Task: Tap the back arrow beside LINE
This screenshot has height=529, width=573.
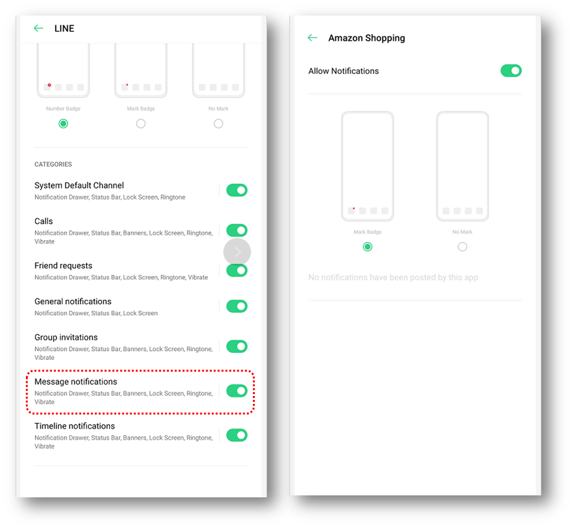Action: [x=38, y=28]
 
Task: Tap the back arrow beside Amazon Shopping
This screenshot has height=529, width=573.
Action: [x=312, y=38]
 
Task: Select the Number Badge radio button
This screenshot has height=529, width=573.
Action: [x=63, y=124]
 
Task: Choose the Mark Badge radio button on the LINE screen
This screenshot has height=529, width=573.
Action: [x=141, y=124]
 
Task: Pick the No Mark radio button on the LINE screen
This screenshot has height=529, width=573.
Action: [x=218, y=124]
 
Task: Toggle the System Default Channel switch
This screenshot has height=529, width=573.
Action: [x=237, y=190]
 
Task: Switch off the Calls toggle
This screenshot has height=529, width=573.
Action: [x=237, y=230]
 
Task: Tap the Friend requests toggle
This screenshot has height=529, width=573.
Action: [x=237, y=271]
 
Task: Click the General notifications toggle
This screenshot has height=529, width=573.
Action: [x=237, y=306]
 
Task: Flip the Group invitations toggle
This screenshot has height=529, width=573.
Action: [x=237, y=346]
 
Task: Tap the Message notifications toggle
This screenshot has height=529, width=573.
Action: [x=237, y=391]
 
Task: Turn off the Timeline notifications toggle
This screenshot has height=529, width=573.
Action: [x=237, y=435]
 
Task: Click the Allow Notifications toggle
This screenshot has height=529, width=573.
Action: [x=511, y=71]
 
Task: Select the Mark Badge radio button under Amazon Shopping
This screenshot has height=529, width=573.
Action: [x=367, y=247]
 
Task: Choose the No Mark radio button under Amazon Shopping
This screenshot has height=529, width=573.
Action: [x=462, y=247]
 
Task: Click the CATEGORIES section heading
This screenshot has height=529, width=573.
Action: [x=53, y=165]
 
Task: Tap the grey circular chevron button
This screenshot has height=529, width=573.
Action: [x=237, y=252]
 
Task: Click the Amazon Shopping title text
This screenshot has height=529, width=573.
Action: [x=366, y=38]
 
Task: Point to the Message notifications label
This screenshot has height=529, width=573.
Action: [x=76, y=382]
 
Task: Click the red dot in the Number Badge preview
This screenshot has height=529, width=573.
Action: [x=49, y=85]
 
